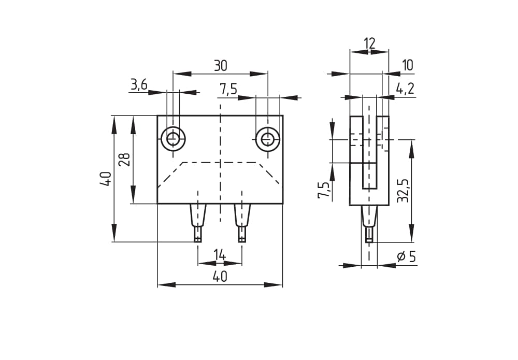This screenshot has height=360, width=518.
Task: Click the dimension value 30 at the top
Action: (x=220, y=66)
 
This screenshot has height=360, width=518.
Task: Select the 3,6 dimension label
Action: (x=139, y=85)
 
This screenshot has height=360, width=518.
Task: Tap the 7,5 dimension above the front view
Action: (x=228, y=89)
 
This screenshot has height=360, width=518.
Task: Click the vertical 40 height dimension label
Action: (x=105, y=179)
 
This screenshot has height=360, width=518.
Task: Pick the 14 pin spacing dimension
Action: (x=220, y=255)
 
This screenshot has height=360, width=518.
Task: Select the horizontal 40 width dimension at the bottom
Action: (x=220, y=277)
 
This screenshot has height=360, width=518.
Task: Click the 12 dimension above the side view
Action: (x=369, y=44)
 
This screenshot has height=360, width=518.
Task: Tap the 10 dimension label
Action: (x=407, y=65)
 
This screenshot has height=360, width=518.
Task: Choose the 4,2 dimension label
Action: (x=405, y=89)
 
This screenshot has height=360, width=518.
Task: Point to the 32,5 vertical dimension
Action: (x=404, y=190)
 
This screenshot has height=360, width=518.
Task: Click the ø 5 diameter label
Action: (x=406, y=257)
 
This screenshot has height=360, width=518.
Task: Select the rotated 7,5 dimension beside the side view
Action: (x=324, y=190)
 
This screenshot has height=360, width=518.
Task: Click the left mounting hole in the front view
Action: (x=173, y=139)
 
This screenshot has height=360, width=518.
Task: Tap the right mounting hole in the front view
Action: (x=268, y=139)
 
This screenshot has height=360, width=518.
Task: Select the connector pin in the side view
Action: (x=369, y=223)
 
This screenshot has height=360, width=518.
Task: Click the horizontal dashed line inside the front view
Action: (x=220, y=163)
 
